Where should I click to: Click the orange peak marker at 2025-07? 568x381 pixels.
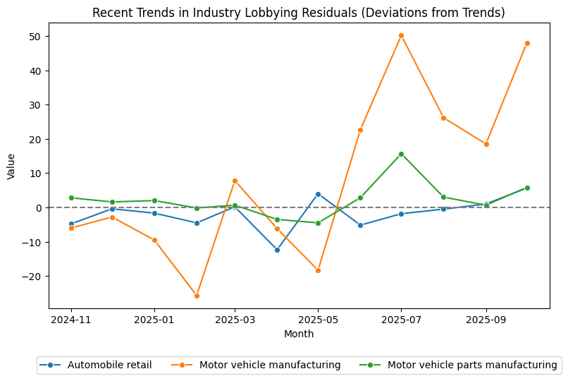[401, 35]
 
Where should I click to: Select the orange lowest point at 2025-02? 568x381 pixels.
[197, 296]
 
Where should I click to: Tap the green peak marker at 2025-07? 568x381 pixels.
[401, 154]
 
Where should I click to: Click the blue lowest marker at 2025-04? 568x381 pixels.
[277, 250]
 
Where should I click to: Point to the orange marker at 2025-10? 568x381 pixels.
[527, 43]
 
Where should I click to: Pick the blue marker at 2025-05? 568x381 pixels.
[318, 194]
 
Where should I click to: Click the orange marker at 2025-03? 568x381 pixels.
[235, 181]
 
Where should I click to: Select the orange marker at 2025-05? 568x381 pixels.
[318, 270]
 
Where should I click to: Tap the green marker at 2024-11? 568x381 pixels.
[71, 198]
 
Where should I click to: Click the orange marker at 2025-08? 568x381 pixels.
[443, 118]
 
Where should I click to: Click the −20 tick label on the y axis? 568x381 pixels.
[31, 277]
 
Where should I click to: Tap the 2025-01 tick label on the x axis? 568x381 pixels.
[154, 320]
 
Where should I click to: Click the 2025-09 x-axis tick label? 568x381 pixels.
[486, 320]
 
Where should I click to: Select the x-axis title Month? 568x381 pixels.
[299, 334]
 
